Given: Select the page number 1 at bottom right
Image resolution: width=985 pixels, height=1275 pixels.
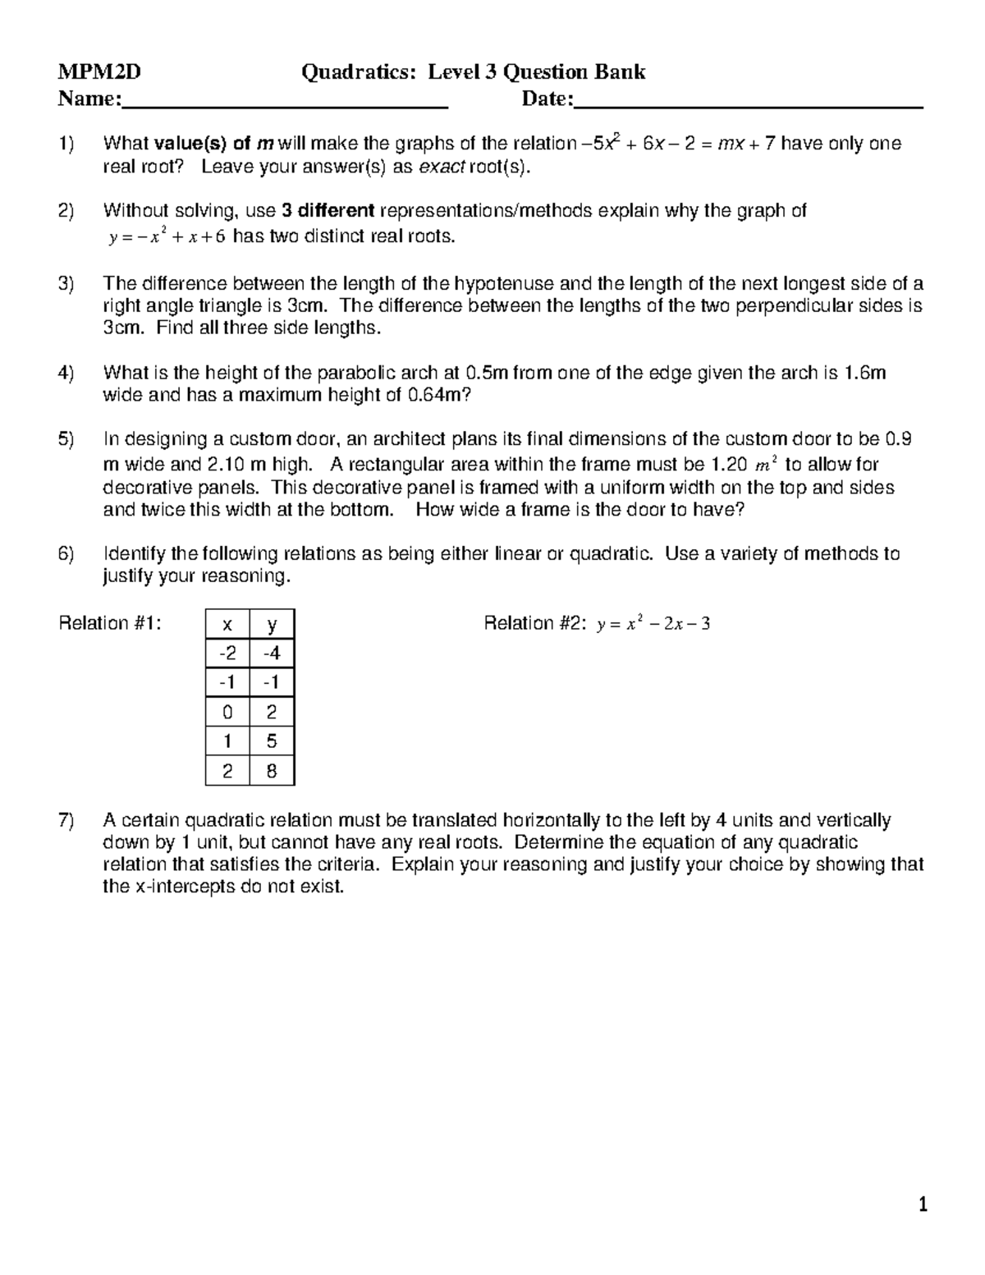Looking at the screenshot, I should click(x=923, y=1205).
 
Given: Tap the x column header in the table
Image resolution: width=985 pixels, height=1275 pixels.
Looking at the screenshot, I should click(x=227, y=625).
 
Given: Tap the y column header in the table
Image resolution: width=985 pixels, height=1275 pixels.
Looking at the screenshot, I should click(x=272, y=625).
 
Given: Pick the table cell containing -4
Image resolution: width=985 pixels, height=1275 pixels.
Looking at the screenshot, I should click(x=272, y=654).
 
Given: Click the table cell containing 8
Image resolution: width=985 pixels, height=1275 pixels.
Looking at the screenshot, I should click(x=272, y=771).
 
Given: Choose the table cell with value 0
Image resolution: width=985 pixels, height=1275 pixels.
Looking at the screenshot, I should click(x=227, y=712).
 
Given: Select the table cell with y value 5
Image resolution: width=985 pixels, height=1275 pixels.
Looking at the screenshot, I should click(x=272, y=741).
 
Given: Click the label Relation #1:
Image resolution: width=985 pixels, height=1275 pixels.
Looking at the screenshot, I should click(x=110, y=624).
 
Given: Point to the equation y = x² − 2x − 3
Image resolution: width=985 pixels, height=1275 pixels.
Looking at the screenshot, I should click(x=653, y=625).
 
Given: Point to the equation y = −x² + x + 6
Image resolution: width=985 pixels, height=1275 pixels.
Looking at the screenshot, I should click(x=167, y=238).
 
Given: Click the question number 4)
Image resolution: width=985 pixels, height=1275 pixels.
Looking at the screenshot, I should click(x=66, y=374).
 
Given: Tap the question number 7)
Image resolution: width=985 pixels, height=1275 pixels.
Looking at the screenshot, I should click(x=66, y=820).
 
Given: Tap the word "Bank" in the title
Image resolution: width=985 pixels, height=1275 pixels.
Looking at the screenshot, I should click(x=620, y=73).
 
